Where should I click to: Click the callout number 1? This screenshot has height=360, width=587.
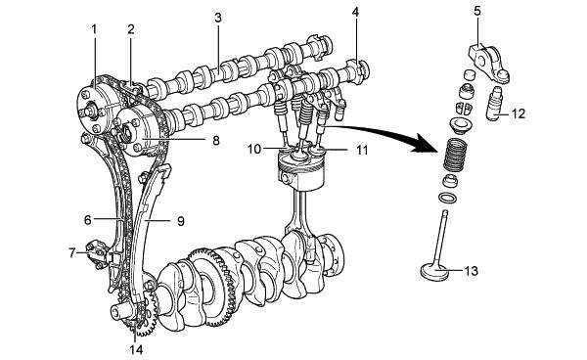[94, 29]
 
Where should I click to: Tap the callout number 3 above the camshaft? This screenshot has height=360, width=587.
[218, 18]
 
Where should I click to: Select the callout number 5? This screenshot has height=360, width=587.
[477, 11]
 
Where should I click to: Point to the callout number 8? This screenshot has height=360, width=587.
[215, 140]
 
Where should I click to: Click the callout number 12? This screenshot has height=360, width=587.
[518, 113]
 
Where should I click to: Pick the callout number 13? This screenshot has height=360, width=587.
[471, 271]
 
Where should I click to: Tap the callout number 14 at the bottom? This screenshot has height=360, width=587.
[136, 349]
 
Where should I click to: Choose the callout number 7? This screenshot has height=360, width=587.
[72, 253]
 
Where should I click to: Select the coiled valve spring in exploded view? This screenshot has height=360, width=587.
[456, 154]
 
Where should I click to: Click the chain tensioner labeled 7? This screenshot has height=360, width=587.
[97, 255]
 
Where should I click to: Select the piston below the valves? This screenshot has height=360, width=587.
[300, 171]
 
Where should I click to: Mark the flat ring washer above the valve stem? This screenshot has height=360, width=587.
[447, 198]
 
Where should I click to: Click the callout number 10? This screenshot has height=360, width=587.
[253, 149]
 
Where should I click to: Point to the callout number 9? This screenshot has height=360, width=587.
[181, 221]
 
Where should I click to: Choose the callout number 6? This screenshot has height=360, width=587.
[88, 220]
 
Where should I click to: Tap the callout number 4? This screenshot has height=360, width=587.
[355, 12]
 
